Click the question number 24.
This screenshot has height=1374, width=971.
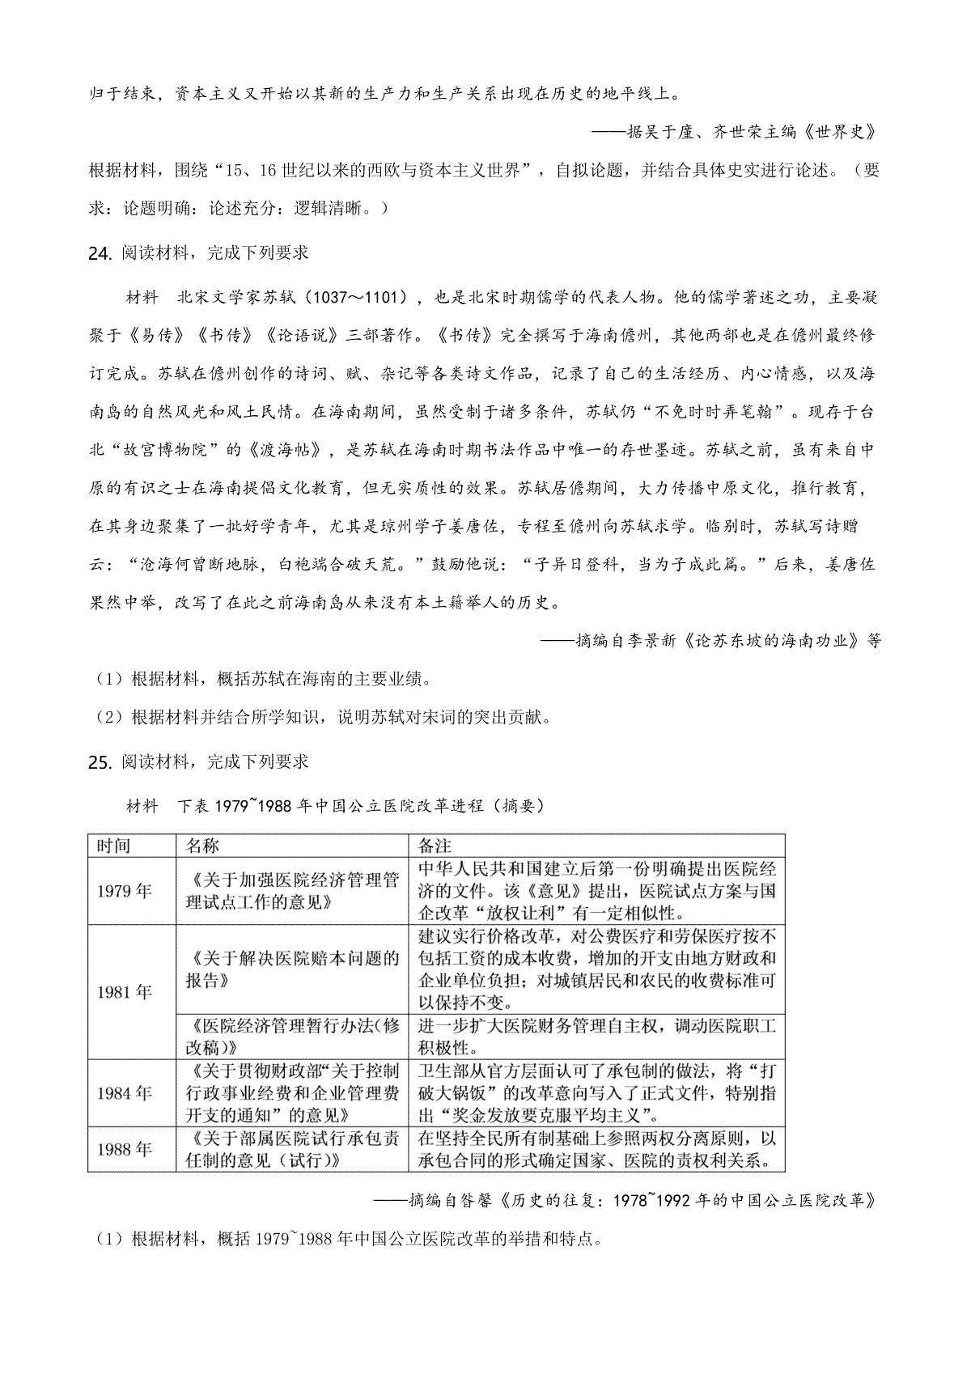98,253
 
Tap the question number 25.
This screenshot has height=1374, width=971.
98,762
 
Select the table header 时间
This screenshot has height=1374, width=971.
113,846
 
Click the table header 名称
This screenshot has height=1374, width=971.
202,846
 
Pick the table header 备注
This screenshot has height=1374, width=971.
435,846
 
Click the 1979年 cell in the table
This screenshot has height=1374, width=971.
124,891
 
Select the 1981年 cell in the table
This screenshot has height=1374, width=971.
124,992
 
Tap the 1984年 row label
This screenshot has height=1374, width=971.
124,1093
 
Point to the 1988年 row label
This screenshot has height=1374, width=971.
124,1149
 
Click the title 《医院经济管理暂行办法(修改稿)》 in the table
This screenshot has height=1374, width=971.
292,1037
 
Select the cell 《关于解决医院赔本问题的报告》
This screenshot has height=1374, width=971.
292,969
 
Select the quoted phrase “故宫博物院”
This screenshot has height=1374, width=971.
167,450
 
